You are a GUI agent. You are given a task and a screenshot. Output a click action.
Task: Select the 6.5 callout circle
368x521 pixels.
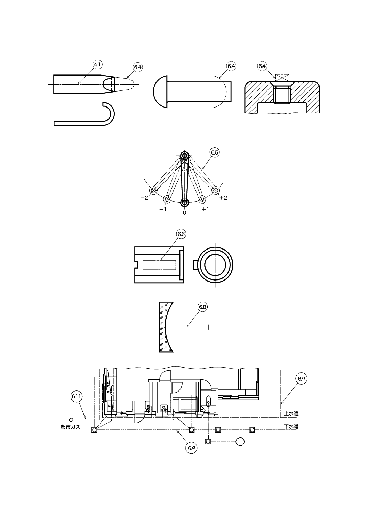215,152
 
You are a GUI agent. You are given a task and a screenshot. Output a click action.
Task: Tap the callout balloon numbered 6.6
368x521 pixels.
181,234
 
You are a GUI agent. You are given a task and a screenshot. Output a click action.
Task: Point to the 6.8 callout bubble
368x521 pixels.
203,307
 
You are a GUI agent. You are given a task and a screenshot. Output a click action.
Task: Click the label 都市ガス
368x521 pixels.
71,427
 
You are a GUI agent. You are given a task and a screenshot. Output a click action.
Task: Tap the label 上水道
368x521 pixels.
291,414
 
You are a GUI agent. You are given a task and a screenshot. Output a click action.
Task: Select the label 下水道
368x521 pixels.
291,426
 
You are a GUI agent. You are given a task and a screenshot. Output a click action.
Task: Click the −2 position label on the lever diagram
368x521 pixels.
144,198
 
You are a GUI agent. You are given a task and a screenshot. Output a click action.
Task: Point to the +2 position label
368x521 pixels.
223,198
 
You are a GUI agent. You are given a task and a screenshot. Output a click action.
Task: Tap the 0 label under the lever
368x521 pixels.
184,212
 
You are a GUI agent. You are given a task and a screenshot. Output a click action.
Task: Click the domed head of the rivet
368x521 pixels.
160,92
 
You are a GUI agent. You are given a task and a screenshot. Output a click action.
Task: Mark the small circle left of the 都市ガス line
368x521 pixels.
71,419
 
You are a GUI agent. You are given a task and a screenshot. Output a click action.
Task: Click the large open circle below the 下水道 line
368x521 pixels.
240,442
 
